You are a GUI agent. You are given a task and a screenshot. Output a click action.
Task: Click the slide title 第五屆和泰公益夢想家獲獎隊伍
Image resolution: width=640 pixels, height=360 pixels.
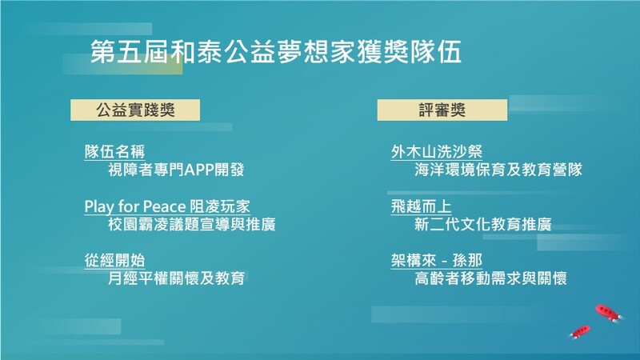(x=276, y=51)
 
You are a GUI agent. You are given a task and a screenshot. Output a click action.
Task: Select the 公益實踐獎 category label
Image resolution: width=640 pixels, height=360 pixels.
(x=135, y=110)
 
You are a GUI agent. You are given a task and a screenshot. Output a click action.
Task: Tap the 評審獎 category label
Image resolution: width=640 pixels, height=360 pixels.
(x=442, y=110)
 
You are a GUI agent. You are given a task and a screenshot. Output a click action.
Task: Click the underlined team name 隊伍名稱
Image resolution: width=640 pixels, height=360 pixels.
(x=114, y=151)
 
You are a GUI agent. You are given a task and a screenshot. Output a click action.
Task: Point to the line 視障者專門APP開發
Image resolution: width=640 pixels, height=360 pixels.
(x=176, y=170)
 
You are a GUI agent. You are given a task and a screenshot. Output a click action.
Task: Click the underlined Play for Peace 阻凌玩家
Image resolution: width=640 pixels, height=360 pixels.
(x=167, y=206)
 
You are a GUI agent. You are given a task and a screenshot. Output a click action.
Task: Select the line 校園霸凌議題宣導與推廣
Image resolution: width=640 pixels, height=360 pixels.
(x=191, y=224)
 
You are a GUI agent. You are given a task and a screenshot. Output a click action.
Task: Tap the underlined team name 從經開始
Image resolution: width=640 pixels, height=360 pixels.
(x=114, y=261)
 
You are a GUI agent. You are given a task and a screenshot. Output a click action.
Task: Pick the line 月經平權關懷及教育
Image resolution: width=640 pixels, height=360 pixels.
(x=176, y=278)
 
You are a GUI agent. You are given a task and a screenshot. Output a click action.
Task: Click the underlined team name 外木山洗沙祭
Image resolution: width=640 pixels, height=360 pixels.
(x=436, y=151)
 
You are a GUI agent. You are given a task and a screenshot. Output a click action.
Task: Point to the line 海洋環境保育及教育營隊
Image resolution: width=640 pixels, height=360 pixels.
(x=498, y=170)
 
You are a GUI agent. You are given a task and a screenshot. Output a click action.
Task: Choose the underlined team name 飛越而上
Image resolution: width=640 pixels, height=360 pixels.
(x=422, y=206)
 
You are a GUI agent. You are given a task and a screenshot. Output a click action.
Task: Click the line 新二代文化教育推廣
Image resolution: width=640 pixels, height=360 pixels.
(x=483, y=224)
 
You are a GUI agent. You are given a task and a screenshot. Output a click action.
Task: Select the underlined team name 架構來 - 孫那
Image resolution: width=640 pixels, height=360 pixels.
(x=436, y=261)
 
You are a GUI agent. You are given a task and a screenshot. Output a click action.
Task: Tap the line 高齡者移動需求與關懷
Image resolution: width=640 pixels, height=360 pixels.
(x=490, y=278)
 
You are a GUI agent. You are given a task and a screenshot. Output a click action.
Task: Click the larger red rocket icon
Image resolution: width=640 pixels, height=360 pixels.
(x=609, y=313)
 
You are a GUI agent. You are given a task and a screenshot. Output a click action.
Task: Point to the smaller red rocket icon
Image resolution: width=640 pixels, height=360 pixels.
(x=580, y=331)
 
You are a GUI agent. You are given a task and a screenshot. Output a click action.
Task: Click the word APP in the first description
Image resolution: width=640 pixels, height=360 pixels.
(x=199, y=170)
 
